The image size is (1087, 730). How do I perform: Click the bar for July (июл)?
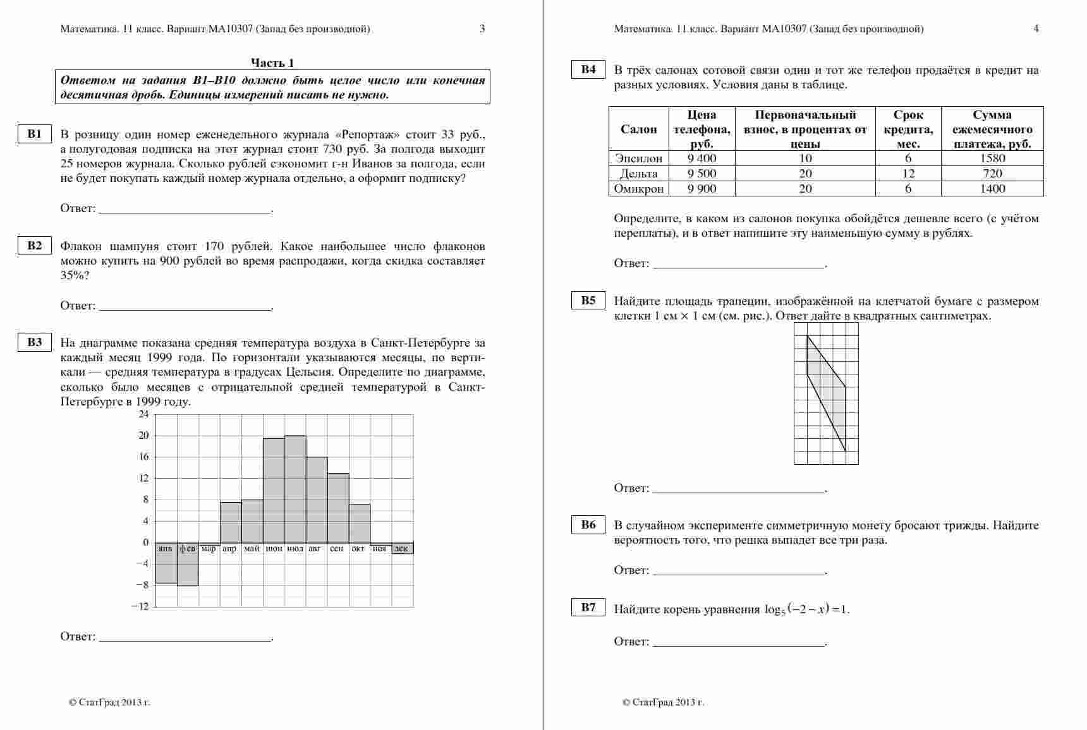pyautogui.click(x=295, y=489)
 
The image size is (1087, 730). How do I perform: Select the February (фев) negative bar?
pyautogui.click(x=188, y=565)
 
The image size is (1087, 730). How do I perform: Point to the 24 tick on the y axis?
pyautogui.click(x=143, y=414)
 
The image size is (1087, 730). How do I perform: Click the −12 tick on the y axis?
pyautogui.click(x=140, y=606)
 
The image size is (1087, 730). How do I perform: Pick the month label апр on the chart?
pyautogui.click(x=229, y=549)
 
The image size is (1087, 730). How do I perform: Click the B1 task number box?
pyautogui.click(x=34, y=134)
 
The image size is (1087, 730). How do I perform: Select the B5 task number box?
pyautogui.click(x=588, y=301)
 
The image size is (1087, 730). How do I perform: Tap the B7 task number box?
pyautogui.click(x=588, y=607)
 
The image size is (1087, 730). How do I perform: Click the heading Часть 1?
pyautogui.click(x=272, y=63)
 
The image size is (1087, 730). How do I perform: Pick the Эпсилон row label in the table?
pyautogui.click(x=638, y=159)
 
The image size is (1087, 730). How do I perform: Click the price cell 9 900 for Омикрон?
pyautogui.click(x=701, y=189)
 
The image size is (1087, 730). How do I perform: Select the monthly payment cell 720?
pyautogui.click(x=992, y=174)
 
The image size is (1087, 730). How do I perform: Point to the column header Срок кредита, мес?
pyautogui.click(x=908, y=129)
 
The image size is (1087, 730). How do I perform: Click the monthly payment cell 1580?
pyautogui.click(x=992, y=159)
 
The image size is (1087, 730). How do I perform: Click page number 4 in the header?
pyautogui.click(x=1036, y=28)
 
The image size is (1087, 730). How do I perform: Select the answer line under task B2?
pyautogui.click(x=186, y=309)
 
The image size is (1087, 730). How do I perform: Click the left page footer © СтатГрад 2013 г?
pyautogui.click(x=109, y=702)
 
